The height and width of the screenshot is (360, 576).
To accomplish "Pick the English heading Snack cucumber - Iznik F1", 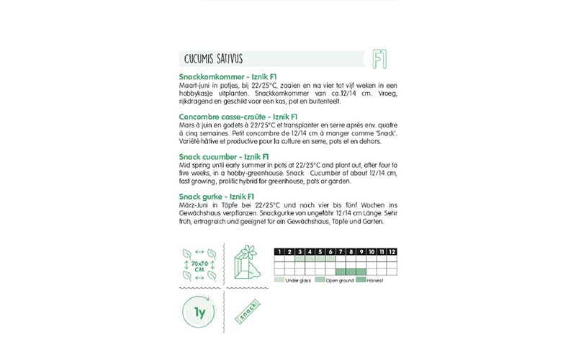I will coord(224,156).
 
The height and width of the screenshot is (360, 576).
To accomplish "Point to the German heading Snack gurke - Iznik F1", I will coord(216,196).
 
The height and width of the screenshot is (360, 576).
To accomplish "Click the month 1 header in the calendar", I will coord(279,251).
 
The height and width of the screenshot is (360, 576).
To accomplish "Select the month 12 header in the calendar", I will coord(392,251).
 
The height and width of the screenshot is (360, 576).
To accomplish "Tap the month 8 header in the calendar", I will coord(351,251).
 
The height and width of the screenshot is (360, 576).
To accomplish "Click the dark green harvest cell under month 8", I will coord(351,271).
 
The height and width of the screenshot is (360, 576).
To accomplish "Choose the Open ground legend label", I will coord(342,279).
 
